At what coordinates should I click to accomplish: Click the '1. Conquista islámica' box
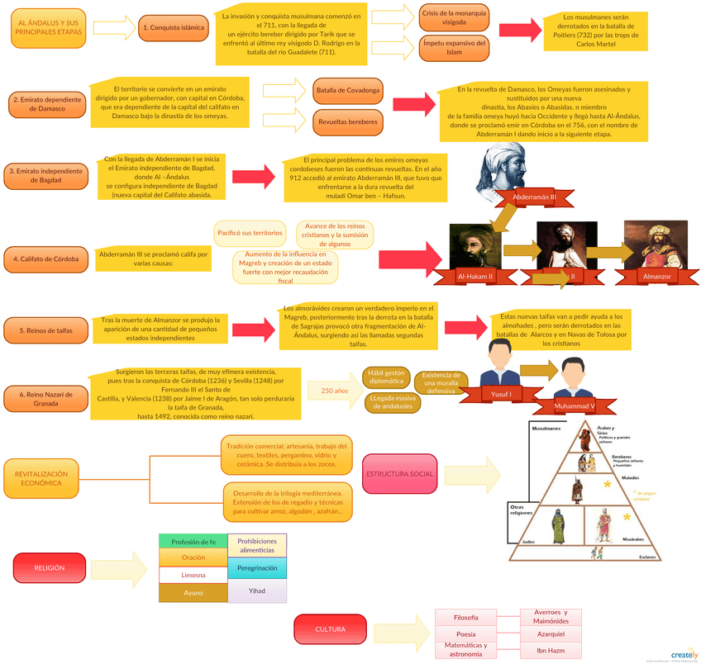(x=174, y=27)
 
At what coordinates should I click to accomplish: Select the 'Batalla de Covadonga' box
(x=348, y=89)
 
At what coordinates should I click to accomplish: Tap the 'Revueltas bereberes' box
(x=348, y=122)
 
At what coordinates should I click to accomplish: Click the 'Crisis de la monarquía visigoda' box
(x=454, y=18)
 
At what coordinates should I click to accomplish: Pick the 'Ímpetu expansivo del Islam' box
(x=454, y=47)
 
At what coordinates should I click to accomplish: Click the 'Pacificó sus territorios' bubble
(x=250, y=233)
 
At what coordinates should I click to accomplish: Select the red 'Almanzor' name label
(x=656, y=276)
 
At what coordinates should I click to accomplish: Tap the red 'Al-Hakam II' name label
(x=475, y=276)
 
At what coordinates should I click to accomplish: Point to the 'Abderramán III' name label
(x=534, y=198)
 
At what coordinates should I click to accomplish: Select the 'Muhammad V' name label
(x=575, y=406)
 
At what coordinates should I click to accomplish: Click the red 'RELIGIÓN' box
(x=49, y=568)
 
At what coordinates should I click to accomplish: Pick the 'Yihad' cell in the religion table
(x=257, y=590)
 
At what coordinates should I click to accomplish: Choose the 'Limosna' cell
(x=193, y=575)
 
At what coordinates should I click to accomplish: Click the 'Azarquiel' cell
(x=550, y=634)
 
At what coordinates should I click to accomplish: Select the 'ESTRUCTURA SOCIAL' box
(x=399, y=474)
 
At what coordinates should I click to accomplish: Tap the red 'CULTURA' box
(x=330, y=629)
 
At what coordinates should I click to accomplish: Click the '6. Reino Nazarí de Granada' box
(x=45, y=399)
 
